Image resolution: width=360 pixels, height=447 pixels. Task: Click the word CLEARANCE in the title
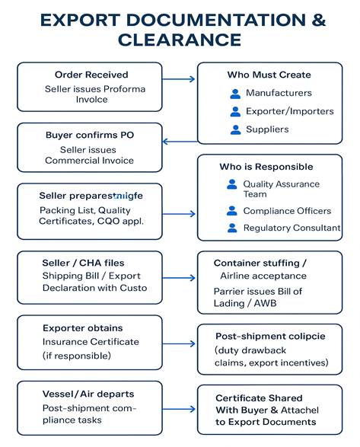pos(180,39)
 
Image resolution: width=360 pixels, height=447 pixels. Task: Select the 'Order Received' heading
pos(91,75)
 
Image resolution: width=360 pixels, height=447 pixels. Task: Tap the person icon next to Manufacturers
pos(234,94)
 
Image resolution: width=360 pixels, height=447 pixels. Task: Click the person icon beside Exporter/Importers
pos(234,112)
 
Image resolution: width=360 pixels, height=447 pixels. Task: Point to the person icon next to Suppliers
pos(234,130)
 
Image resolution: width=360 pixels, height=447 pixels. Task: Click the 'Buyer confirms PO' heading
pos(91,136)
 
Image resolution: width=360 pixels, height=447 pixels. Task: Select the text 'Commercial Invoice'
pos(89,161)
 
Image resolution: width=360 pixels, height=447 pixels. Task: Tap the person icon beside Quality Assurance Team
pos(232,185)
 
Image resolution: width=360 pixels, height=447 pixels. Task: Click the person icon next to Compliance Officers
pos(232,211)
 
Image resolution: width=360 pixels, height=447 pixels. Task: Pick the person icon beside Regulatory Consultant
pos(232,228)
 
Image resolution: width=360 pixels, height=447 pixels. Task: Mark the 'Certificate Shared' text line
pos(259,398)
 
